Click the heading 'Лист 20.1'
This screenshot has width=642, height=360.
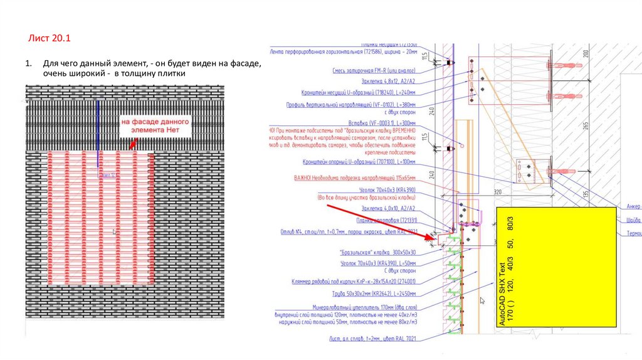coord(50,39)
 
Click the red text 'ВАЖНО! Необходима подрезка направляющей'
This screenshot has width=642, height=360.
coord(355,178)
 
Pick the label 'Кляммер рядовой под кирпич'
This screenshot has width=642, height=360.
coord(355,282)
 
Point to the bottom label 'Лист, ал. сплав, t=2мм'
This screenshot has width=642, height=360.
coord(374,338)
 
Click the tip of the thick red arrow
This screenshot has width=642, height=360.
coord(434,238)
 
